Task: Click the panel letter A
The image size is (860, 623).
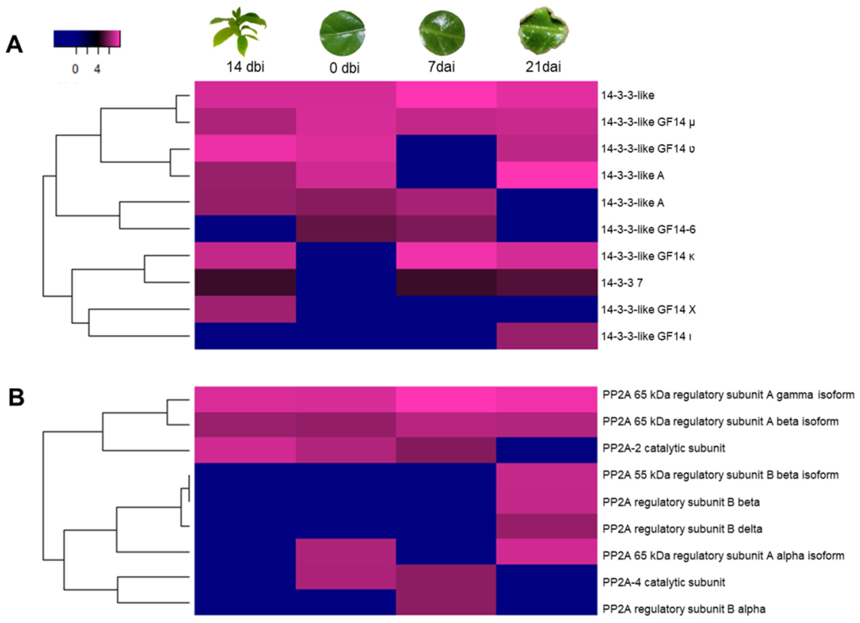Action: tap(14, 45)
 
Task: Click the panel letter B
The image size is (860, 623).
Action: tap(16, 397)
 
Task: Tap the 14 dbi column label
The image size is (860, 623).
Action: tap(245, 67)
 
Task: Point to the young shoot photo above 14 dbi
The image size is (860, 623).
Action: tap(239, 31)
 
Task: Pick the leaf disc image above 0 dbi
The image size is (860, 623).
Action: tap(342, 33)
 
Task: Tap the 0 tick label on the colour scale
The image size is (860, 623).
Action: tap(75, 69)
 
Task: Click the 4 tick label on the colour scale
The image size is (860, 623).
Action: tap(97, 69)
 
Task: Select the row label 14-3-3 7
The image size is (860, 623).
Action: tap(622, 283)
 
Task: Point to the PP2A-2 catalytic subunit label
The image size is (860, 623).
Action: tap(664, 448)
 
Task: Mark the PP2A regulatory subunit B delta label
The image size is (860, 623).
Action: tap(682, 529)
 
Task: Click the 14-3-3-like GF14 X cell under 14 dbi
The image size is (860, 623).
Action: tap(245, 309)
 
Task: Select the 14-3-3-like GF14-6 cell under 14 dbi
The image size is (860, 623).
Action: tap(245, 229)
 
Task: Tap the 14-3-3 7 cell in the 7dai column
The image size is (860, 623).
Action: tap(446, 282)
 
